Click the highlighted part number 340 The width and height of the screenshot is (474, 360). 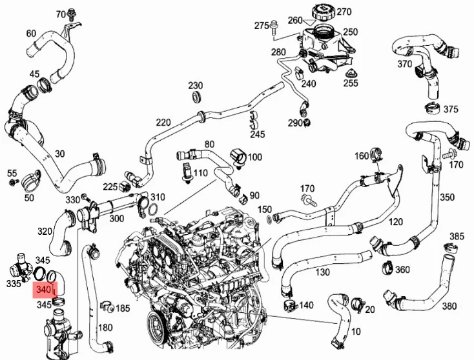[x=43, y=290]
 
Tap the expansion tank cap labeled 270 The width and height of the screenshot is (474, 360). [x=322, y=12]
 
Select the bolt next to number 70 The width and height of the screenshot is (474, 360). [x=72, y=14]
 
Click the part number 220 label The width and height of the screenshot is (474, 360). [x=163, y=123]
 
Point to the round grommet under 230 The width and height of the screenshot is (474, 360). [x=198, y=96]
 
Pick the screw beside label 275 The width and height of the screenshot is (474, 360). [x=274, y=27]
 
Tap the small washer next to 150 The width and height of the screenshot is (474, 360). [x=269, y=218]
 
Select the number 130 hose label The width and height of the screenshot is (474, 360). [x=322, y=272]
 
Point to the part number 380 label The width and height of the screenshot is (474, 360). [x=449, y=306]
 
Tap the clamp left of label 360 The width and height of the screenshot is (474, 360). [x=388, y=268]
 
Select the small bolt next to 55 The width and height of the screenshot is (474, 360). [x=13, y=182]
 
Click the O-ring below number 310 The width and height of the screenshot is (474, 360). [x=154, y=208]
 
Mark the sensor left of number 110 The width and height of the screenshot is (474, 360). [x=186, y=172]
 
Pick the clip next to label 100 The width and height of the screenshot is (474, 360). [x=238, y=157]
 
